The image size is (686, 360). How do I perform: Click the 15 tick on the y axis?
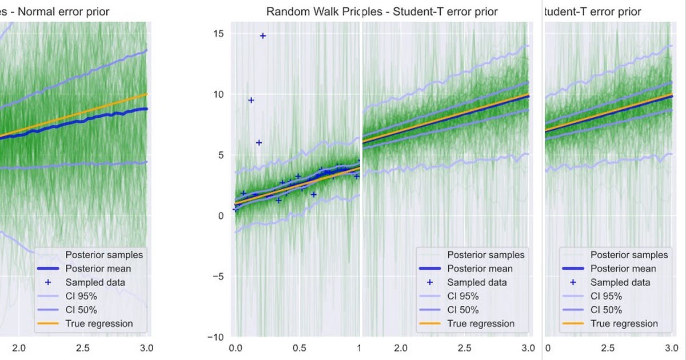tap(218, 34)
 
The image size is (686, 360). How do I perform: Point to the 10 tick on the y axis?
tap(218, 94)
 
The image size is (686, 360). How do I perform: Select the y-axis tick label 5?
tap(221, 155)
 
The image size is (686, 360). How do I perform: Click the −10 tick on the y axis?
tap(215, 337)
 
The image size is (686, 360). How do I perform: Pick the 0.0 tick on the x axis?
tap(234, 348)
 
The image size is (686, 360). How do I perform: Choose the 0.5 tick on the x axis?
tap(297, 348)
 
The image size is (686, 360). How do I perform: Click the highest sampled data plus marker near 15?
tap(263, 36)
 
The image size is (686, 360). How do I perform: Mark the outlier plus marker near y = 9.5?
tap(250, 101)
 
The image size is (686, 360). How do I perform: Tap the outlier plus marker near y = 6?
tap(258, 143)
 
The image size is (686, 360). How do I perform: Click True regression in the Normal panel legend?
tap(99, 323)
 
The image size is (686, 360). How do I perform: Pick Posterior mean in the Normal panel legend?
tap(98, 269)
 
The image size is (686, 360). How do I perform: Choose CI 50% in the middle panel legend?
tap(463, 310)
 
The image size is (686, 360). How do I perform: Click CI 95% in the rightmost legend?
tap(606, 296)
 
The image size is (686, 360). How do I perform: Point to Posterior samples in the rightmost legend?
tap(629, 255)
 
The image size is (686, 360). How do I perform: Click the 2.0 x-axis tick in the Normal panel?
tap(19, 348)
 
